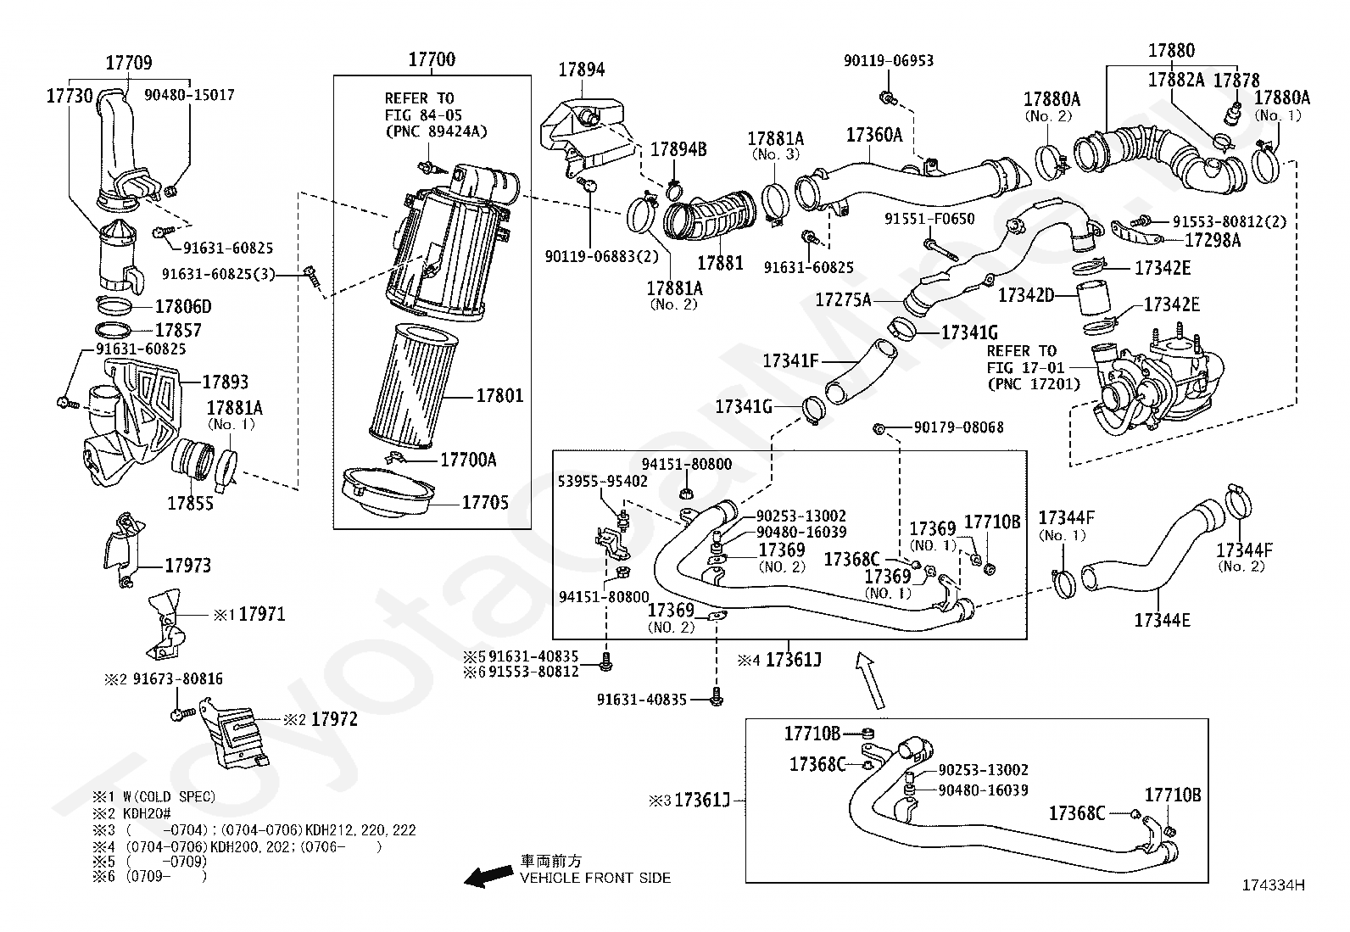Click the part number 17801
click(499, 396)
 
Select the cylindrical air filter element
click(414, 386)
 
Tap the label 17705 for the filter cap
click(485, 503)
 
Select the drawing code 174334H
click(1274, 885)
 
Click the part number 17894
click(582, 70)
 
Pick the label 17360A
click(874, 135)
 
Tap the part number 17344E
click(1162, 620)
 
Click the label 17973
click(188, 566)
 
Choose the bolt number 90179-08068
click(959, 427)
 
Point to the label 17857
click(178, 331)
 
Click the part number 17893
click(226, 382)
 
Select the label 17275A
click(843, 299)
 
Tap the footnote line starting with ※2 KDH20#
click(131, 813)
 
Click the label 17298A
click(1213, 241)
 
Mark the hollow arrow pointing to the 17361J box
click(871, 680)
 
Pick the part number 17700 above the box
click(432, 59)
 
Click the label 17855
click(191, 504)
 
